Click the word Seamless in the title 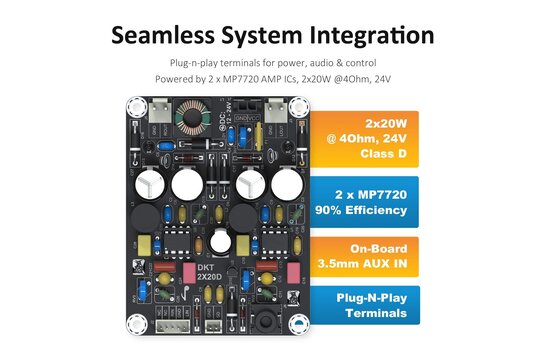pyautogui.click(x=162, y=35)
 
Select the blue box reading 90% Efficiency pyautogui.click(x=366, y=202)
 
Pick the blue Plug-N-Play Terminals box pyautogui.click(x=366, y=305)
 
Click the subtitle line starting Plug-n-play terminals pyautogui.click(x=272, y=63)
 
